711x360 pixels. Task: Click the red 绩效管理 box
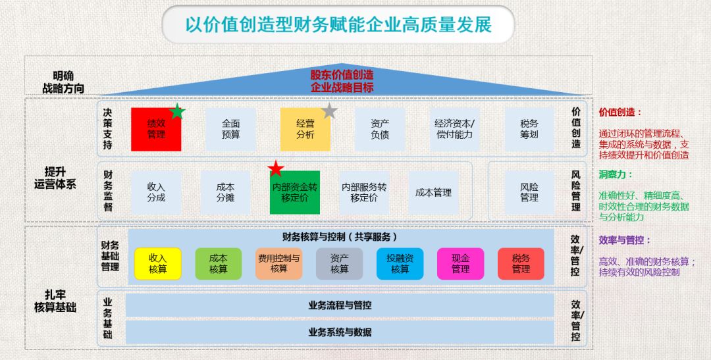click(x=156, y=129)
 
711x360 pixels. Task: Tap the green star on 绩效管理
click(x=177, y=111)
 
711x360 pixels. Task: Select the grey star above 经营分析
click(x=330, y=111)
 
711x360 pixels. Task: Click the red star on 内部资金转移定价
click(x=276, y=168)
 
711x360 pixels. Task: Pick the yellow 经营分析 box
click(x=305, y=129)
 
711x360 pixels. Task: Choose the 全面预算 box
click(x=231, y=129)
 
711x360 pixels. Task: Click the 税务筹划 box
click(x=529, y=129)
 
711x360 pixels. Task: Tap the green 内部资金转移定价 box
click(x=295, y=192)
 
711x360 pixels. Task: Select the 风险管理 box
click(x=529, y=192)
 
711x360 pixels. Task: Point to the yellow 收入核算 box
click(x=158, y=264)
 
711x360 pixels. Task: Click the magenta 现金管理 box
click(x=460, y=264)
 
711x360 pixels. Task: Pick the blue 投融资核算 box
click(x=400, y=264)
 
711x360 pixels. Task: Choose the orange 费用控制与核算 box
click(x=279, y=264)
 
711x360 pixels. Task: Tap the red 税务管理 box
click(x=521, y=264)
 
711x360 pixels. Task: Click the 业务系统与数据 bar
click(x=340, y=332)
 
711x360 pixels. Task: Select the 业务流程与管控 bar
click(x=340, y=305)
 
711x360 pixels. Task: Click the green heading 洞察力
click(x=616, y=174)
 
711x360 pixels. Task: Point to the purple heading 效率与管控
click(x=625, y=240)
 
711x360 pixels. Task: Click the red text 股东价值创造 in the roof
click(x=342, y=75)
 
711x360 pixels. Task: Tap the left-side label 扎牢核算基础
click(x=55, y=301)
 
